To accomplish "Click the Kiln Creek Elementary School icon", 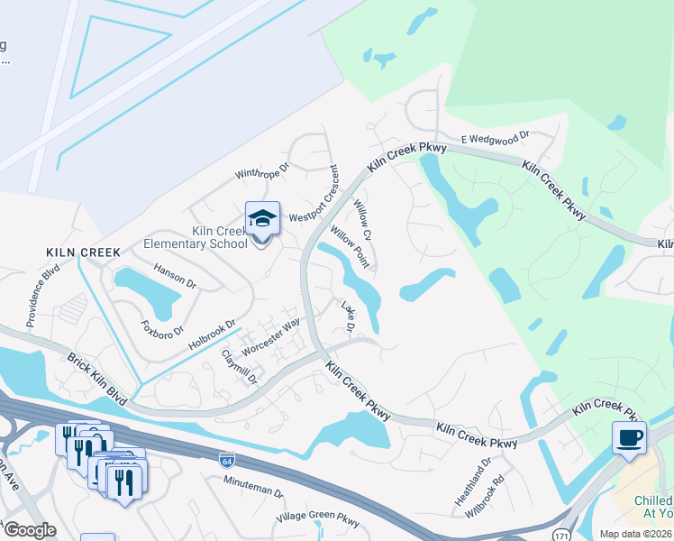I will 262,219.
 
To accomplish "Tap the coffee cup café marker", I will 629,438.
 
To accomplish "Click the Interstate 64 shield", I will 226,460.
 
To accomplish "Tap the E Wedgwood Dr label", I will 496,139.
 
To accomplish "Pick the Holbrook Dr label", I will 212,335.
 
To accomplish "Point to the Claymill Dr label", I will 240,367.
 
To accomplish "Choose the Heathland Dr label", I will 473,481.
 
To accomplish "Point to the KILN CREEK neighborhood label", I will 83,252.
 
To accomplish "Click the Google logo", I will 29,530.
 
